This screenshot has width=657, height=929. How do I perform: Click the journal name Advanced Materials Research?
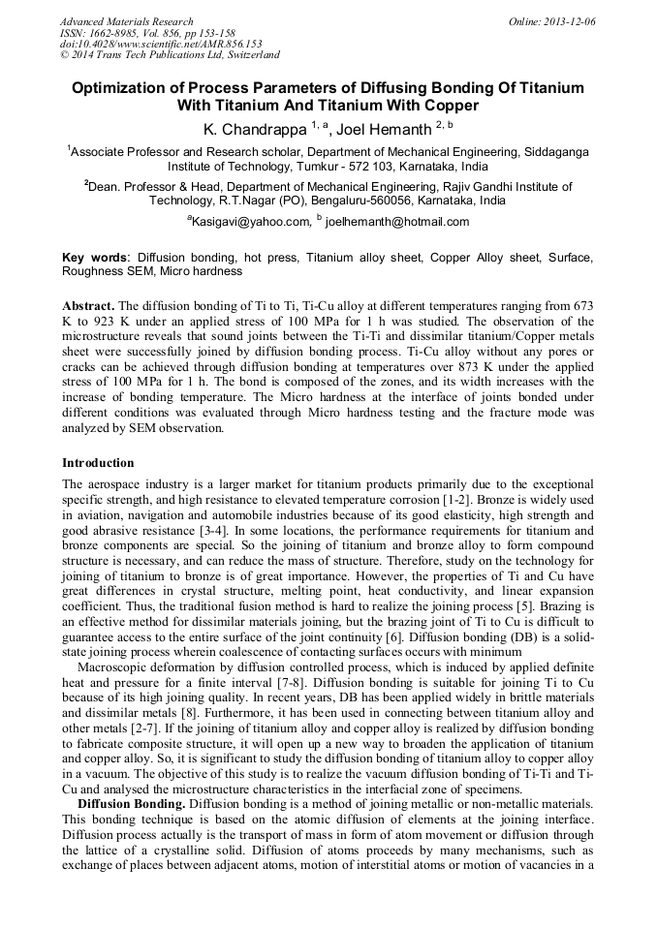(126, 21)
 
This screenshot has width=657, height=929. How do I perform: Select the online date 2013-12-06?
(569, 21)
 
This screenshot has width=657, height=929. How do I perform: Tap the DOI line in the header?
(161, 44)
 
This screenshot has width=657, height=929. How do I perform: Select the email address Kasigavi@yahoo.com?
(249, 222)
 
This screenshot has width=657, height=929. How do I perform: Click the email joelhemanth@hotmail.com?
(397, 222)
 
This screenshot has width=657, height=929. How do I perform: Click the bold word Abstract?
(88, 305)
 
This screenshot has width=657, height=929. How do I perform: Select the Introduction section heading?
(98, 463)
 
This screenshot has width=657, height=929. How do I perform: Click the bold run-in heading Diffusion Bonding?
(131, 803)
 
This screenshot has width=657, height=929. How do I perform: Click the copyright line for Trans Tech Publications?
(170, 55)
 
